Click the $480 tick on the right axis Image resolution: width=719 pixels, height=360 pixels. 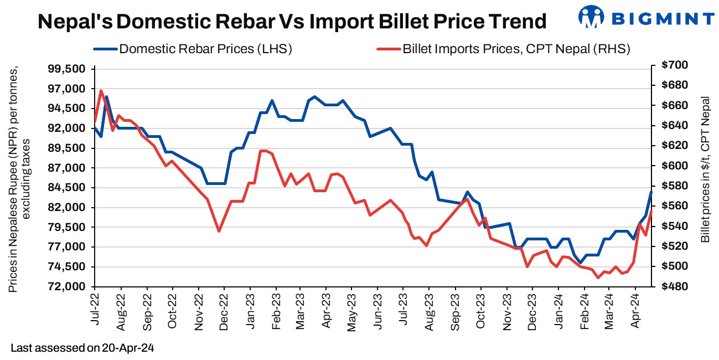click(x=674, y=287)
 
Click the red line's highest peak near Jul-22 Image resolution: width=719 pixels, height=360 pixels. click(x=101, y=90)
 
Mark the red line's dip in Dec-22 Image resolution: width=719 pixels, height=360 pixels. click(x=219, y=231)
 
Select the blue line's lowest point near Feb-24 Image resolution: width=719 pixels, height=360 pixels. click(x=581, y=262)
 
